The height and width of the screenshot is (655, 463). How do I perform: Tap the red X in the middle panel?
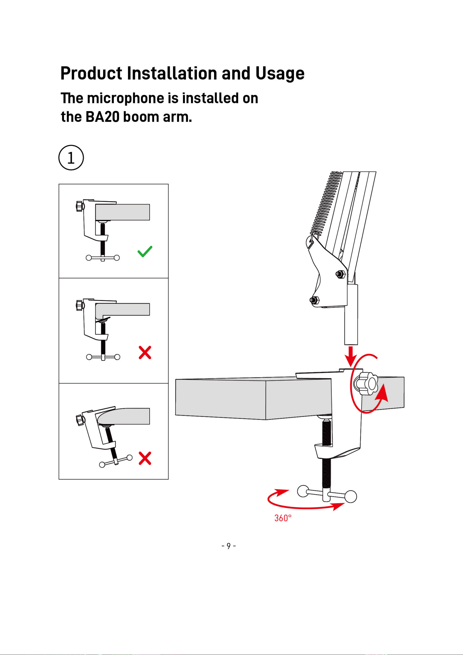tap(145, 352)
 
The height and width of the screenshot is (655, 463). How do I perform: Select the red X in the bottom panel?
tap(145, 458)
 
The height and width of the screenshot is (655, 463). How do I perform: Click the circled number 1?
tap(71, 158)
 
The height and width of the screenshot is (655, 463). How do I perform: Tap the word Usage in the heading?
tap(280, 73)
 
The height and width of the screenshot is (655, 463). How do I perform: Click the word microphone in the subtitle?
tap(126, 99)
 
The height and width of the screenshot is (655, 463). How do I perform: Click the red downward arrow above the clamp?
tap(351, 357)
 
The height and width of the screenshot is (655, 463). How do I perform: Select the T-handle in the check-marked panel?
tap(103, 258)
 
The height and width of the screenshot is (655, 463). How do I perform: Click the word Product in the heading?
tap(91, 73)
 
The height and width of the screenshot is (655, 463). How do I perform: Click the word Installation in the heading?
tap(172, 73)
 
